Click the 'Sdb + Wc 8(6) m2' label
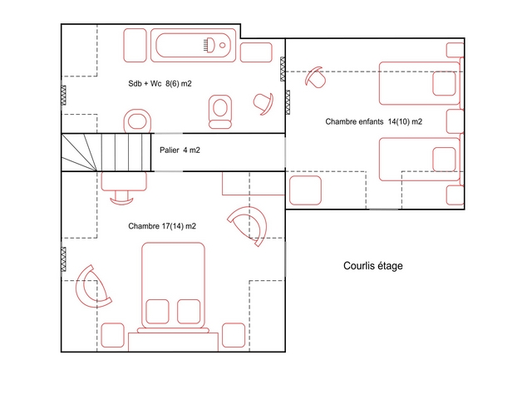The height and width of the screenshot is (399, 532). pyautogui.click(x=160, y=83)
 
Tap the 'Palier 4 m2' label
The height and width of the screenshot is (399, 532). pyautogui.click(x=180, y=150)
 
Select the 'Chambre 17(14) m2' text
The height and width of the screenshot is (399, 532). pyautogui.click(x=162, y=226)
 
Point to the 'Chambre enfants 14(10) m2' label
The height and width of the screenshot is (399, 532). pyautogui.click(x=373, y=121)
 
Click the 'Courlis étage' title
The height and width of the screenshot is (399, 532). pyautogui.click(x=373, y=266)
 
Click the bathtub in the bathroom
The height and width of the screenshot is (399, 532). pyautogui.click(x=193, y=45)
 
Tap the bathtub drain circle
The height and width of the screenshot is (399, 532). pyautogui.click(x=223, y=45)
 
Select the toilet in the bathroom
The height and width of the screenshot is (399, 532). pyautogui.click(x=220, y=111)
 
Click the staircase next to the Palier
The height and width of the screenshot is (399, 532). pyautogui.click(x=106, y=152)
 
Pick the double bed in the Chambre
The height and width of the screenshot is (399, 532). pyautogui.click(x=173, y=287)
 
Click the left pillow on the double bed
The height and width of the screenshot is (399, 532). pyautogui.click(x=157, y=312)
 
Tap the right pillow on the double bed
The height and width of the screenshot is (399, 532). pyautogui.click(x=189, y=312)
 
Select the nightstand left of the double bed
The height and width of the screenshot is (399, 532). pyautogui.click(x=113, y=335)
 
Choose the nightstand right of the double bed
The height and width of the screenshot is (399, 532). pyautogui.click(x=234, y=335)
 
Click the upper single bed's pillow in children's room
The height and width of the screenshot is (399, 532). pyautogui.click(x=444, y=83)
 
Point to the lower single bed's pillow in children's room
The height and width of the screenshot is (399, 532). pyautogui.click(x=444, y=160)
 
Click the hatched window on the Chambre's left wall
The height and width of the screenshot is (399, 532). pyautogui.click(x=63, y=259)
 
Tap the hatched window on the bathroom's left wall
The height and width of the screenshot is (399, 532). pyautogui.click(x=63, y=96)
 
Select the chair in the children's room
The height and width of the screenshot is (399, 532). pyautogui.click(x=316, y=77)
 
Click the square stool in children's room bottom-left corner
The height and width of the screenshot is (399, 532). pyautogui.click(x=305, y=190)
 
